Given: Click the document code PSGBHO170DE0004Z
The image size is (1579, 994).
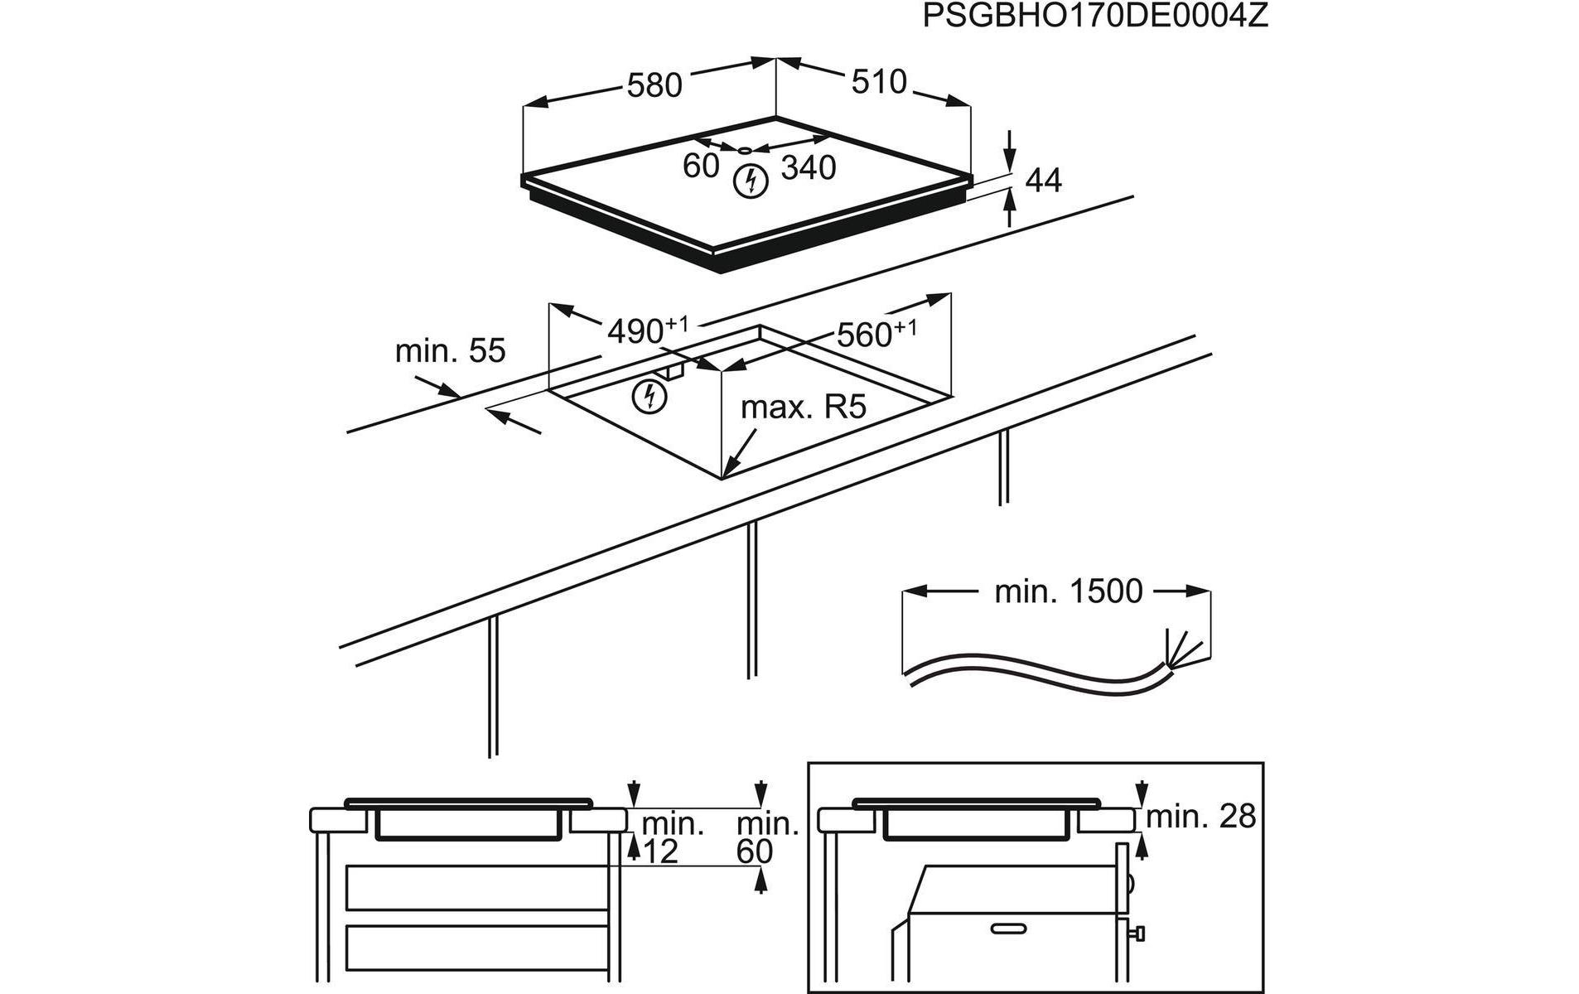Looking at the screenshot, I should coord(1094,17).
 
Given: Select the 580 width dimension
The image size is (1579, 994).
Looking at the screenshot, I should coord(654,85).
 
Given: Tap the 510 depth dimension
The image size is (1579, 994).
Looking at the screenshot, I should coord(879,82).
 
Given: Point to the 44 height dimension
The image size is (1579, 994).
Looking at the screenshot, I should coord(1043,180).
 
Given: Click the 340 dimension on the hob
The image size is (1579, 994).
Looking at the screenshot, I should coord(809,168).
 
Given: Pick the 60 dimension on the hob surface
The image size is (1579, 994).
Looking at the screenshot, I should coord(701,166).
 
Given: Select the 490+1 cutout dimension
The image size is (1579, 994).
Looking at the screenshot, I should coord(647,330).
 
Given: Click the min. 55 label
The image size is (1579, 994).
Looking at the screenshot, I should coord(450,351).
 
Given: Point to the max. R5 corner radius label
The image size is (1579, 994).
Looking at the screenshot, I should coord(802,407).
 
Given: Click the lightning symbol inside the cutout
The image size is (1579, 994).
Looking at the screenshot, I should coord(649,397).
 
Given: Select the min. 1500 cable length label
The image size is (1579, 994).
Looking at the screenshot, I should coord(1068,591).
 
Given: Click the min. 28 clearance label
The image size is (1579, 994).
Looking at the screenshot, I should coord(1201,817).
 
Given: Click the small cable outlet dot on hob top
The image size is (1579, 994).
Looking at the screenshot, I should coord(745,151).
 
